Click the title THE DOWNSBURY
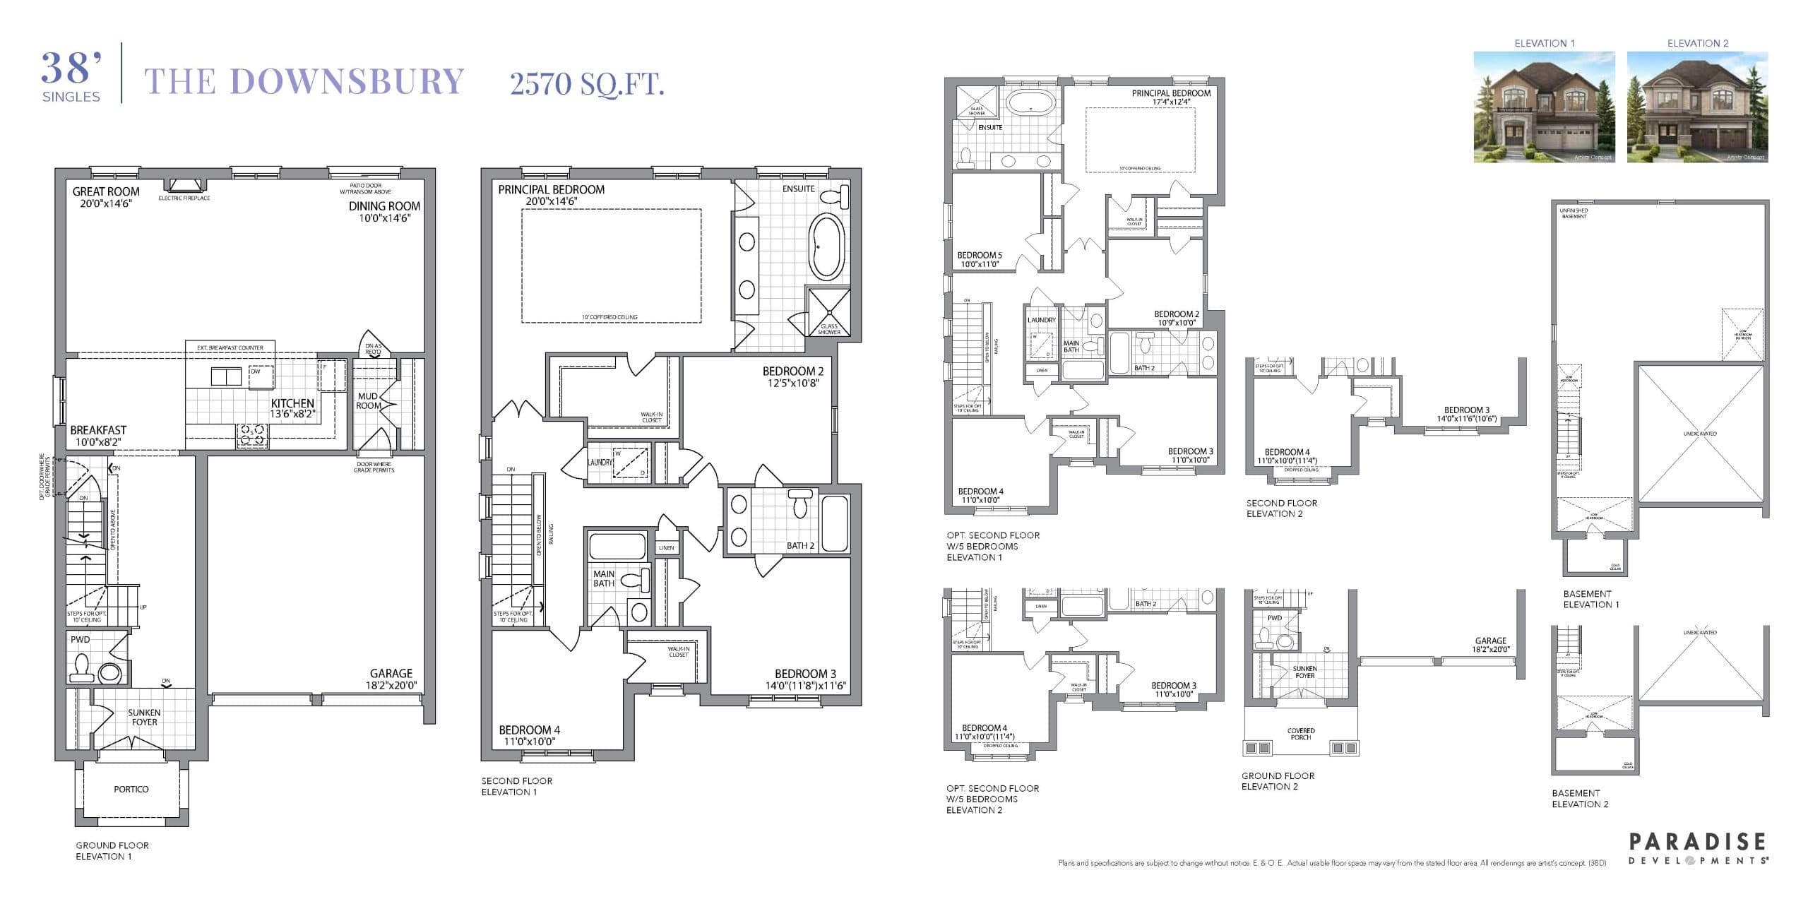[x=304, y=81]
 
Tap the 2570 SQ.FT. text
[x=587, y=84]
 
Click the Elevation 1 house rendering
[x=1544, y=107]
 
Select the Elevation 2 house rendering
[x=1697, y=107]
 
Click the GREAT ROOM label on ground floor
[x=106, y=192]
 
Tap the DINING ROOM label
[x=384, y=206]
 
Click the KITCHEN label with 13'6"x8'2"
[x=292, y=404]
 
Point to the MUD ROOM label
[x=368, y=401]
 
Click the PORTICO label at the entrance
[x=131, y=789]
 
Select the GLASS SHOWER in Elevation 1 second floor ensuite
[x=828, y=311]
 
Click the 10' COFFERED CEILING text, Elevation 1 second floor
[x=609, y=317]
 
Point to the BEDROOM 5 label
[x=979, y=256]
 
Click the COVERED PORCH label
[x=1301, y=734]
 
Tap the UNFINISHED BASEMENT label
[x=1574, y=213]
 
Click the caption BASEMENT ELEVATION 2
[x=1580, y=799]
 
